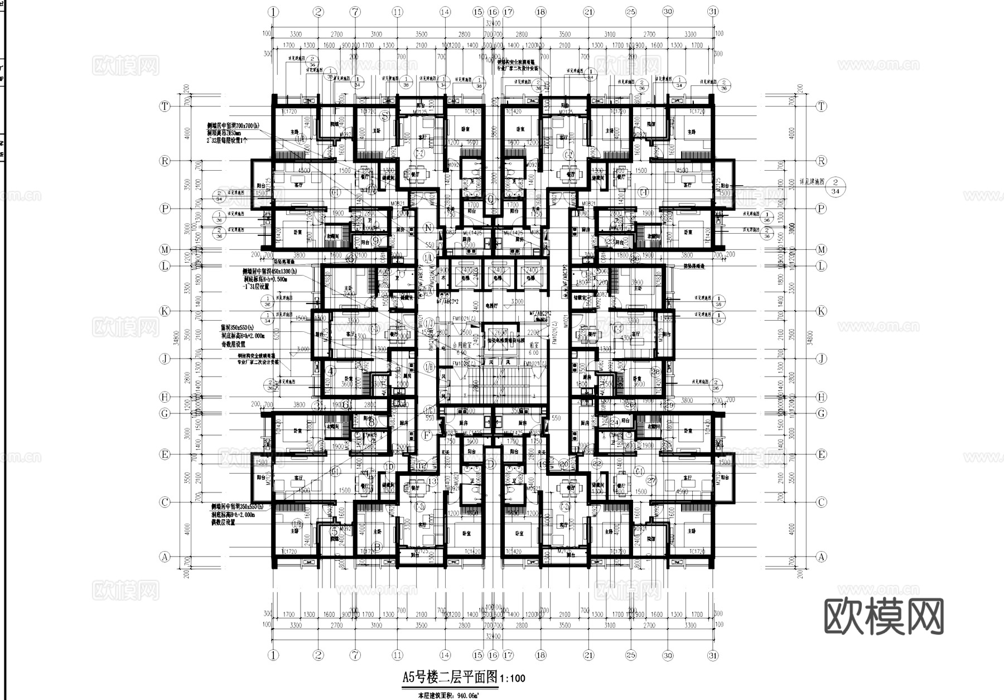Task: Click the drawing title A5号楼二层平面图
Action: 450,678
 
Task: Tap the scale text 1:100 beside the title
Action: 513,679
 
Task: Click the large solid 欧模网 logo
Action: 884,616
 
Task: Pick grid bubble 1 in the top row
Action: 273,11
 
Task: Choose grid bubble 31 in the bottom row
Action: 713,655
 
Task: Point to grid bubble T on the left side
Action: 165,106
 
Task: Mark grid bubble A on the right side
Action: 820,556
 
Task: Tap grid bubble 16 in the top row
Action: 493,11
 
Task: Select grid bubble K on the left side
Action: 165,311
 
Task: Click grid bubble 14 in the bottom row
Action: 445,655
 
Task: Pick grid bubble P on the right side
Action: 820,209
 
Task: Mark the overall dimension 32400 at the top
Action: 493,23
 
